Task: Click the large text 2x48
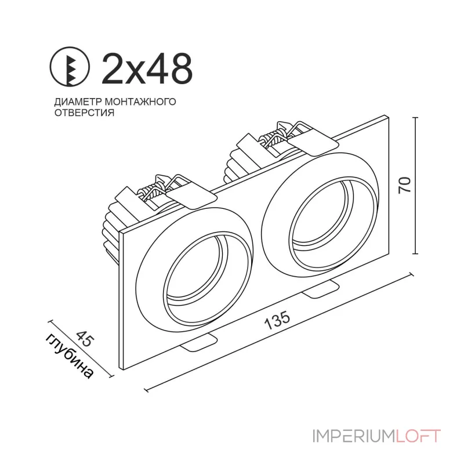(x=147, y=68)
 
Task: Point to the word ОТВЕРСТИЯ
(x=84, y=113)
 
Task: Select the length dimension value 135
(x=277, y=322)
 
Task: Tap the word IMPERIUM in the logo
(x=354, y=436)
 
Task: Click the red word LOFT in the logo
(x=418, y=436)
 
